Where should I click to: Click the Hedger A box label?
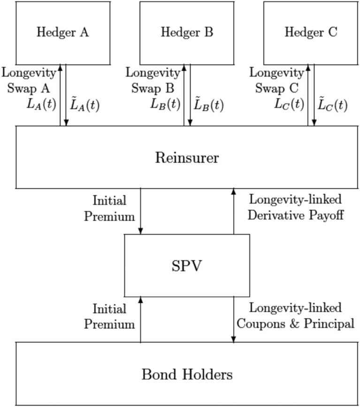62,32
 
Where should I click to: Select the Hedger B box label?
187,32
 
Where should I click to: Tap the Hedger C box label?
311,32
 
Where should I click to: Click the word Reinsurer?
187,158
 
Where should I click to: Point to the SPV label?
187,266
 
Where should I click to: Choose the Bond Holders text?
187,375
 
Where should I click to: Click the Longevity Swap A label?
29,81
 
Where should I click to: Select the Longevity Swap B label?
153,81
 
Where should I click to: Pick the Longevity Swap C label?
277,81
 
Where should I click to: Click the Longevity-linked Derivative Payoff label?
295,207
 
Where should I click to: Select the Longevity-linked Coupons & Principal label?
295,316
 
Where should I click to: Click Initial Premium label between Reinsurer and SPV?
109,208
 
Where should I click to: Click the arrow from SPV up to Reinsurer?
233,211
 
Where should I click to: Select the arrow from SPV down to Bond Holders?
233,319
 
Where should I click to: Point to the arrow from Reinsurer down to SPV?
140,211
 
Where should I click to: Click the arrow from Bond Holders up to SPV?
140,319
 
